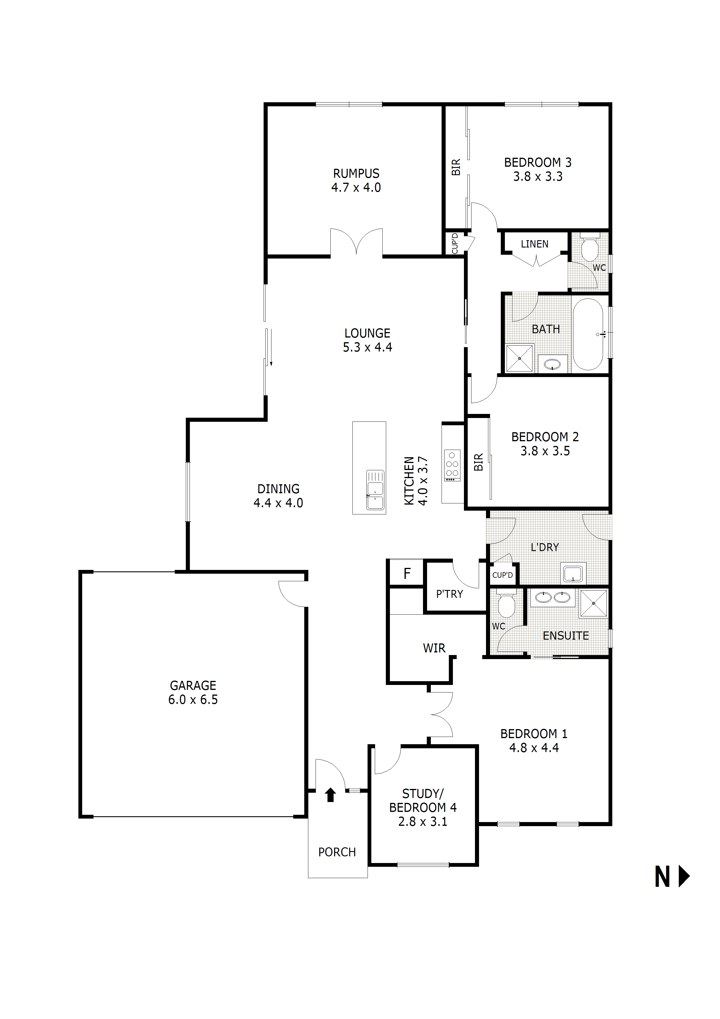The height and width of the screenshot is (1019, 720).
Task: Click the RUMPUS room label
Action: point(356,173)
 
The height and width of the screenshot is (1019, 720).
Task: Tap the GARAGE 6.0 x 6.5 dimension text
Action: point(193,699)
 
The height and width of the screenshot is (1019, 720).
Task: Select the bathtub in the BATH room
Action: point(588,334)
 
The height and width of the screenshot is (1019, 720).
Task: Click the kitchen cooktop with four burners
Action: point(452,466)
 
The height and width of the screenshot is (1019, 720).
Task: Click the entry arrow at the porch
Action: point(330,794)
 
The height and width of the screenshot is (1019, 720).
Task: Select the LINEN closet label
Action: point(534,244)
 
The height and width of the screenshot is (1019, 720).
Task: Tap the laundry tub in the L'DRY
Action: point(573,574)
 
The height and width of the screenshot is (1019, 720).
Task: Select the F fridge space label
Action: point(407,574)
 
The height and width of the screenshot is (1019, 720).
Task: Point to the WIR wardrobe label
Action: point(434,648)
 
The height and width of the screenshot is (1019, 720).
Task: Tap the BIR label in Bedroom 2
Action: point(478,462)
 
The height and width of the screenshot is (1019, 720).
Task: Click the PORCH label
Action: point(337,852)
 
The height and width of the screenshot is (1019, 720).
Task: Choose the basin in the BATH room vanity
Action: point(552,365)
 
